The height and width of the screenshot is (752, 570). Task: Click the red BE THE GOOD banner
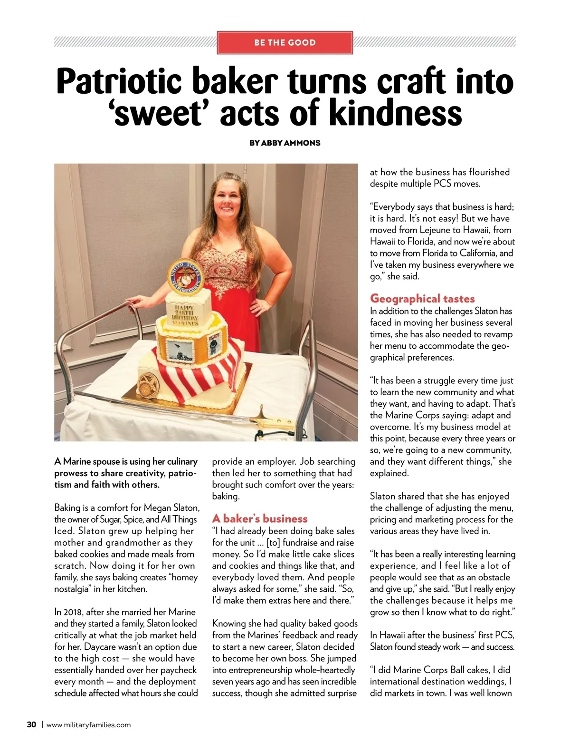(285, 42)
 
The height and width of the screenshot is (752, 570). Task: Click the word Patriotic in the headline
(119, 81)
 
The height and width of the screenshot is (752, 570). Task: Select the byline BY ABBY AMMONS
(285, 143)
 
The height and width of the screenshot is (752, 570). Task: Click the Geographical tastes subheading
(422, 298)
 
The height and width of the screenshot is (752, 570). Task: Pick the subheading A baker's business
(260, 518)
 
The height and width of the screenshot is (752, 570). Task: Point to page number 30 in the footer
(31, 725)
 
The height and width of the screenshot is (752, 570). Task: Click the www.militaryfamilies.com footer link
(88, 725)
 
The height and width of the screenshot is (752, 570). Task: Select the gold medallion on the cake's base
(145, 384)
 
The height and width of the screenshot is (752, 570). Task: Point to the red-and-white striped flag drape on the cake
(199, 373)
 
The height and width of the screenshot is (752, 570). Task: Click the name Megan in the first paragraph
(158, 508)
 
